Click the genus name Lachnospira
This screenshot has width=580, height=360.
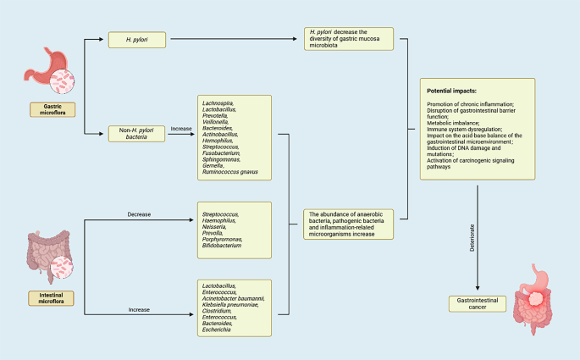(x=221, y=102)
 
